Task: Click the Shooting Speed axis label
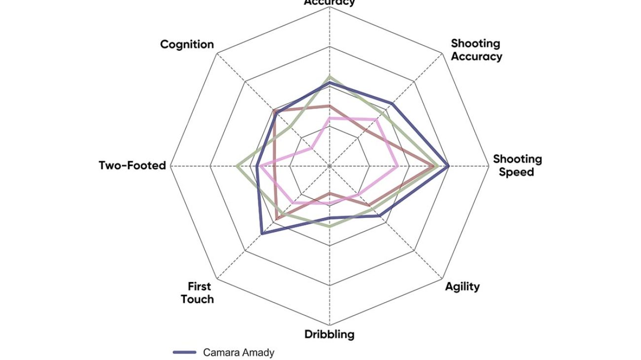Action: coord(517,166)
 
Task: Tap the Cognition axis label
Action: coord(187,44)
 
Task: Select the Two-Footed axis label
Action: coord(132,166)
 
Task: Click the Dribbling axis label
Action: coord(329,334)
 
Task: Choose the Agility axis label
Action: coord(462,287)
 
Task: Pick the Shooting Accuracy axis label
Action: coord(476,50)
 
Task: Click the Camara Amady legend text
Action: coord(239,353)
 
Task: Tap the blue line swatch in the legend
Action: coord(185,353)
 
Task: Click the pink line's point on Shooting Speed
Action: coord(398,166)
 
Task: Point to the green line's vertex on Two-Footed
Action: coord(237,166)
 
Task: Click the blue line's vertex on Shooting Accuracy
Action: coord(392,103)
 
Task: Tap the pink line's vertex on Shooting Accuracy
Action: coord(376,119)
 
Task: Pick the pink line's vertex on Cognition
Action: coord(312,148)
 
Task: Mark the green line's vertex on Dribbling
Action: coord(329,226)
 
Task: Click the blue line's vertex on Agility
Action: coord(379,216)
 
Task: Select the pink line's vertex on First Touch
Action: coord(293,202)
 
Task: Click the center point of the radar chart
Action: coord(329,166)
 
